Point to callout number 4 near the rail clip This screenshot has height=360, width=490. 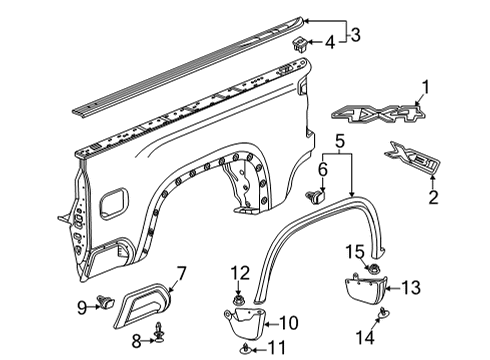(329, 42)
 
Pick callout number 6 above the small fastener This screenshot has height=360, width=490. (322, 169)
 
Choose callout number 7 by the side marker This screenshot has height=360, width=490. (181, 272)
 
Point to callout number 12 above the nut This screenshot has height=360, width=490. (240, 274)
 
